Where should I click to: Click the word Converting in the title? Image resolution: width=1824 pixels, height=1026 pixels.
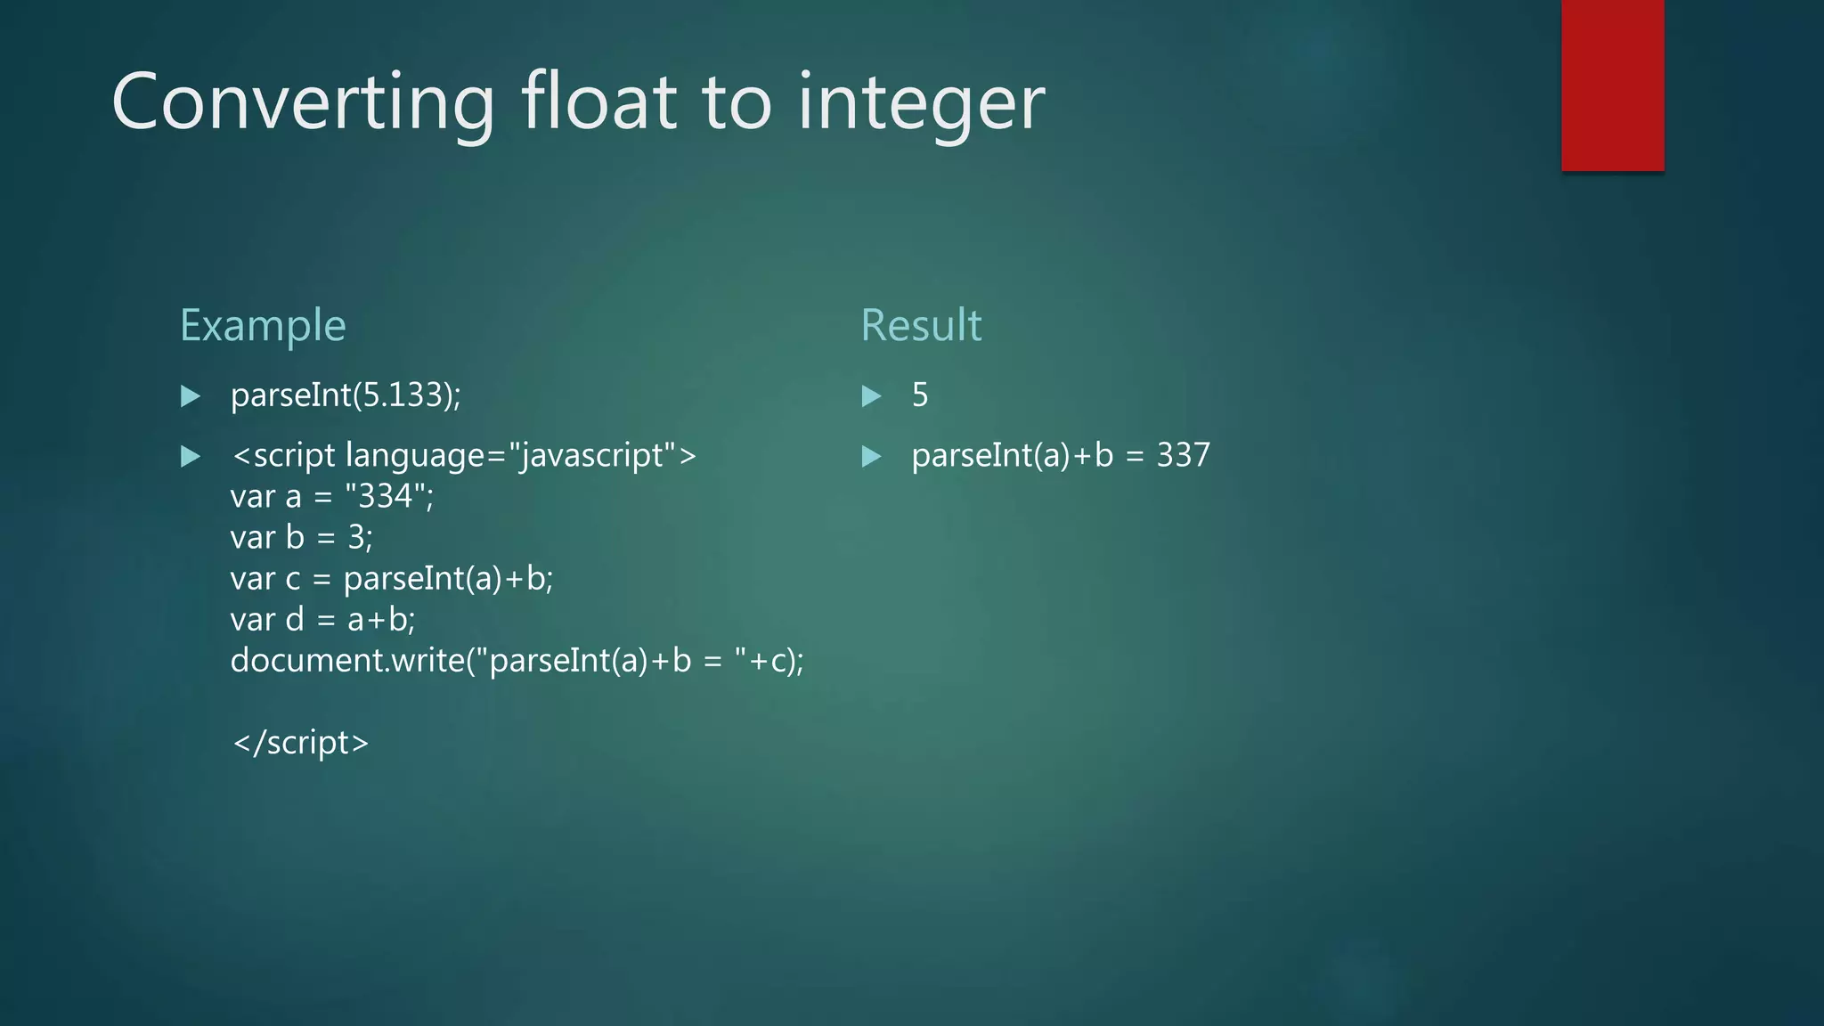303,103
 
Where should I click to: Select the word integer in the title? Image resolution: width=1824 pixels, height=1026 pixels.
921,105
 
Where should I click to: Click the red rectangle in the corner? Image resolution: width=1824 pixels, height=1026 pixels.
1612,85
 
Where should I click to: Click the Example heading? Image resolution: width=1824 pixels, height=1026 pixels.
263,325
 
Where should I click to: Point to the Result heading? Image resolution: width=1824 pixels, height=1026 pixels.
921,325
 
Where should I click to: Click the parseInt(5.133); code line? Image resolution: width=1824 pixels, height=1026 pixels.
346,395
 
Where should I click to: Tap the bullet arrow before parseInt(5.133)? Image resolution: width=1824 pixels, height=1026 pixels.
191,395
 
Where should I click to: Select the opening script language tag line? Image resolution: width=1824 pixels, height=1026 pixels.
463,455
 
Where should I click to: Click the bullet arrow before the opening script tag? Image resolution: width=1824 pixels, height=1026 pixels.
191,456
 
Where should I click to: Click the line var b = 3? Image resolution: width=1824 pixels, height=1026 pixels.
301,537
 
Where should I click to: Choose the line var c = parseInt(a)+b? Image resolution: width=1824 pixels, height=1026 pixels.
391,578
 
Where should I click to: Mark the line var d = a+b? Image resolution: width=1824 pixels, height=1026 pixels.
322,619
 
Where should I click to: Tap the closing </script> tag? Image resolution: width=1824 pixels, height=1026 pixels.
300,742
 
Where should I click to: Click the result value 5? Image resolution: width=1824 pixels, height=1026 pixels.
920,395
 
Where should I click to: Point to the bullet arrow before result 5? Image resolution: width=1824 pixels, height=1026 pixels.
871,395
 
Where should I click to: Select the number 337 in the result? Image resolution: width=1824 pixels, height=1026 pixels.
1183,455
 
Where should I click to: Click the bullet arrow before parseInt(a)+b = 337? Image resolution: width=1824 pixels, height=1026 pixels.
871,456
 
